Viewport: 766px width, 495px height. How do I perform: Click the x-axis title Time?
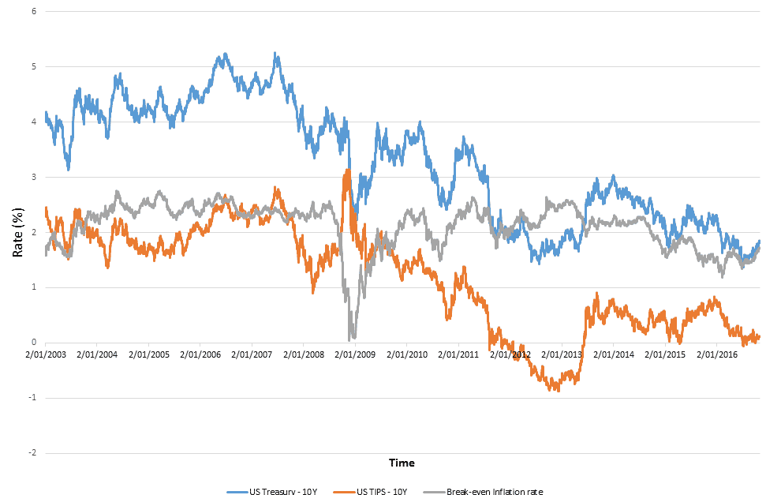(401, 463)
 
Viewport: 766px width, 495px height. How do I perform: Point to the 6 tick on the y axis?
(35, 11)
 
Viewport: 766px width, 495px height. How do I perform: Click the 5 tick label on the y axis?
(35, 66)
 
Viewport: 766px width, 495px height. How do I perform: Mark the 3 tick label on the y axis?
(35, 177)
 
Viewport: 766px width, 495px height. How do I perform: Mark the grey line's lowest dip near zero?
(349, 338)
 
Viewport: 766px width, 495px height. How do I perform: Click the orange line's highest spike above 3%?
(348, 171)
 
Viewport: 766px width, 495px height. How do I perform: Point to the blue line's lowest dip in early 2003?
(68, 169)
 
